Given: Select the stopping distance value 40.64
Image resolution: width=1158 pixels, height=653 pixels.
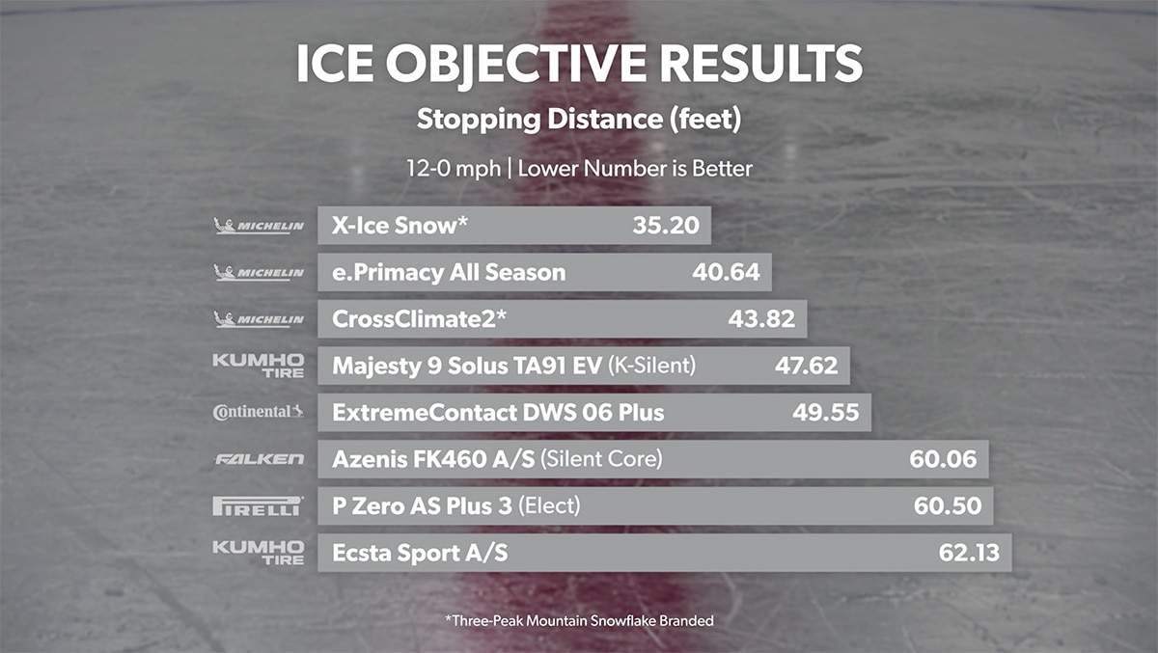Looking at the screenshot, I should point(726,273).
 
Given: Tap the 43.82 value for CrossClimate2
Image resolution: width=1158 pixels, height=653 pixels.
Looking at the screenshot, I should point(761,319).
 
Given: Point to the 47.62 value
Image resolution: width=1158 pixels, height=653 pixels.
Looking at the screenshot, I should point(806,367).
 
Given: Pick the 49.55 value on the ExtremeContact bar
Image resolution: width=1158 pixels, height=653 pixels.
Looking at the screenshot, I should point(826,413).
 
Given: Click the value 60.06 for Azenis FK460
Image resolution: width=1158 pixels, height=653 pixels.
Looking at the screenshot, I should point(943,459).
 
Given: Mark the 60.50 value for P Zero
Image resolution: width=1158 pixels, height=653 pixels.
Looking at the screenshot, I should point(948,505).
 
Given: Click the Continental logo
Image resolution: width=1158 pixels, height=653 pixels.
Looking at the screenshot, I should point(258,413).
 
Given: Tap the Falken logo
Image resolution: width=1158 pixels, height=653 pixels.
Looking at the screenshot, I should point(259,459).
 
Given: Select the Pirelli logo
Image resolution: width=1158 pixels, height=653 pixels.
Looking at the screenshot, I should point(258,505).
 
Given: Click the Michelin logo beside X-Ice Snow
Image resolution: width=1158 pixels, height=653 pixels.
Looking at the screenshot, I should point(258,226).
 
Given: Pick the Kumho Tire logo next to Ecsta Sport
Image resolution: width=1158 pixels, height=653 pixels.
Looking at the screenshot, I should point(258,553).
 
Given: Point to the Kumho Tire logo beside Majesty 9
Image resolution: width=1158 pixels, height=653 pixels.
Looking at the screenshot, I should point(258,367).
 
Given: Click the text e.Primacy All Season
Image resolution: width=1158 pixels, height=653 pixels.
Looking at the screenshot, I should point(449,273).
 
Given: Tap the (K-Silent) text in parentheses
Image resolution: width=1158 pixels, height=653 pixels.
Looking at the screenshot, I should point(651,367).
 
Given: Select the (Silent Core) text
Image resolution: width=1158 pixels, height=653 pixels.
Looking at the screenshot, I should point(601,459).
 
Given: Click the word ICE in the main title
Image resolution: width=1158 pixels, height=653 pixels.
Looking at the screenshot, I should point(338,64).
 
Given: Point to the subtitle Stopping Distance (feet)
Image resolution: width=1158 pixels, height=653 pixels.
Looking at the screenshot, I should point(579,121).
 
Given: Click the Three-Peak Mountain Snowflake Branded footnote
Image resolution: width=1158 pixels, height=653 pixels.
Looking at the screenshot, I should point(579,621).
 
